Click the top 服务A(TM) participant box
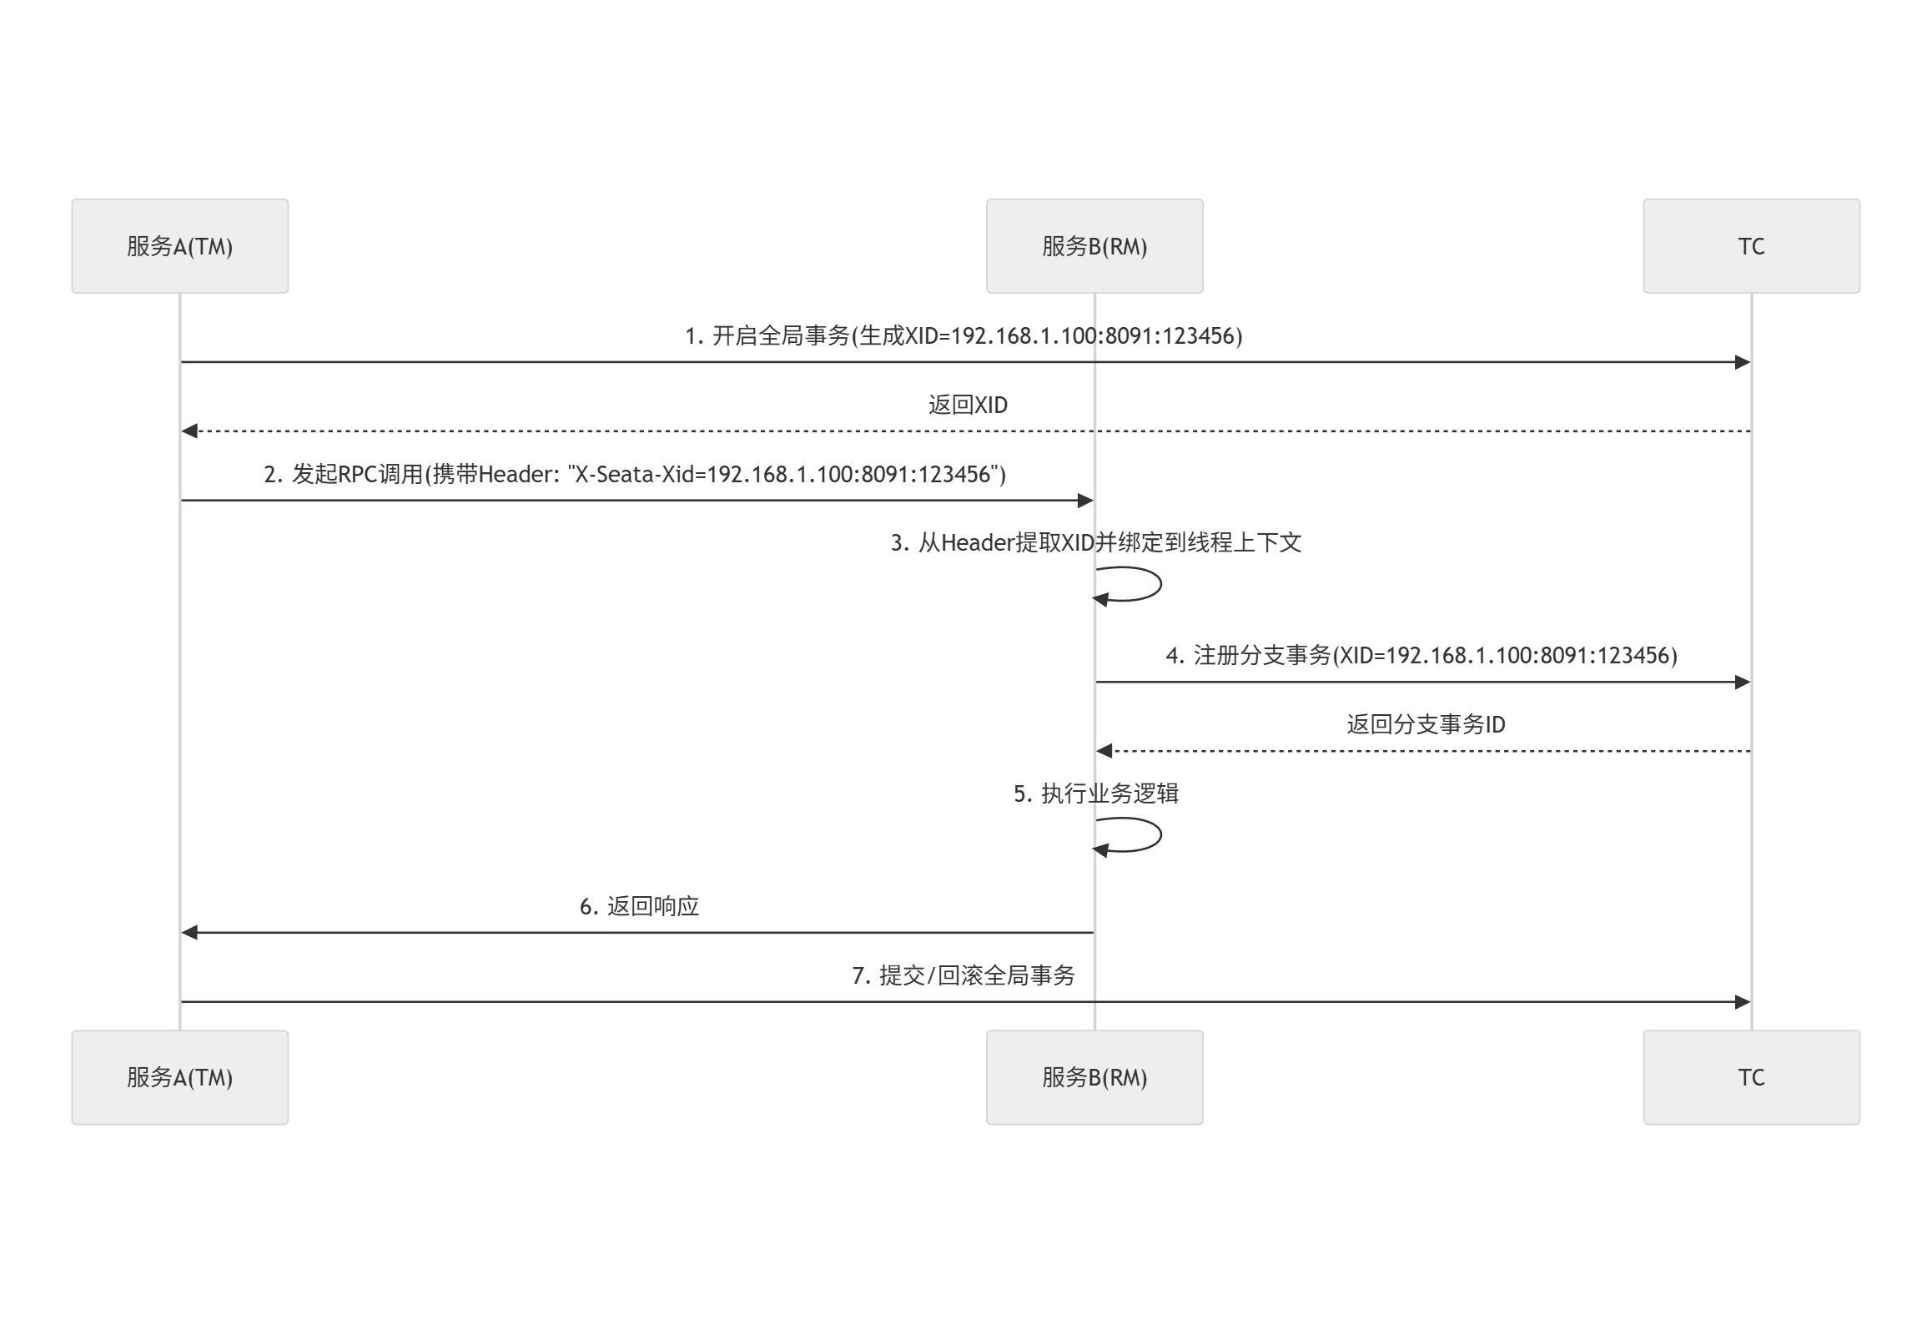click(x=179, y=246)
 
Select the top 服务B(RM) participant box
click(x=1094, y=246)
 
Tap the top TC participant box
click(x=1751, y=246)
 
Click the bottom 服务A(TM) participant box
click(x=179, y=1077)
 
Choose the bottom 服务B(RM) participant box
click(x=1094, y=1077)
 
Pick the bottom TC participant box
click(x=1751, y=1077)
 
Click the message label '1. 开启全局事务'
click(x=963, y=335)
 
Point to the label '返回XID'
click(x=968, y=405)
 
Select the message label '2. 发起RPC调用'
click(x=635, y=474)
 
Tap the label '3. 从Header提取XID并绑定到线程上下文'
click(x=1095, y=543)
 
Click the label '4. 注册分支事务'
click(x=1421, y=655)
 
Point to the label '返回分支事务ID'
click(x=1426, y=724)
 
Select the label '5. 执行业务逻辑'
click(x=1095, y=793)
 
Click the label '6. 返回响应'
click(x=639, y=906)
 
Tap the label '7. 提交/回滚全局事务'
click(x=963, y=975)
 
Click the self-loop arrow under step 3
click(x=1139, y=584)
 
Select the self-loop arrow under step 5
click(x=1139, y=835)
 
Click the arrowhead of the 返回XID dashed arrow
click(x=190, y=431)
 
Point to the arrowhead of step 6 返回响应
click(x=190, y=932)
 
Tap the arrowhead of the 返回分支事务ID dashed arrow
click(x=1104, y=751)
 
